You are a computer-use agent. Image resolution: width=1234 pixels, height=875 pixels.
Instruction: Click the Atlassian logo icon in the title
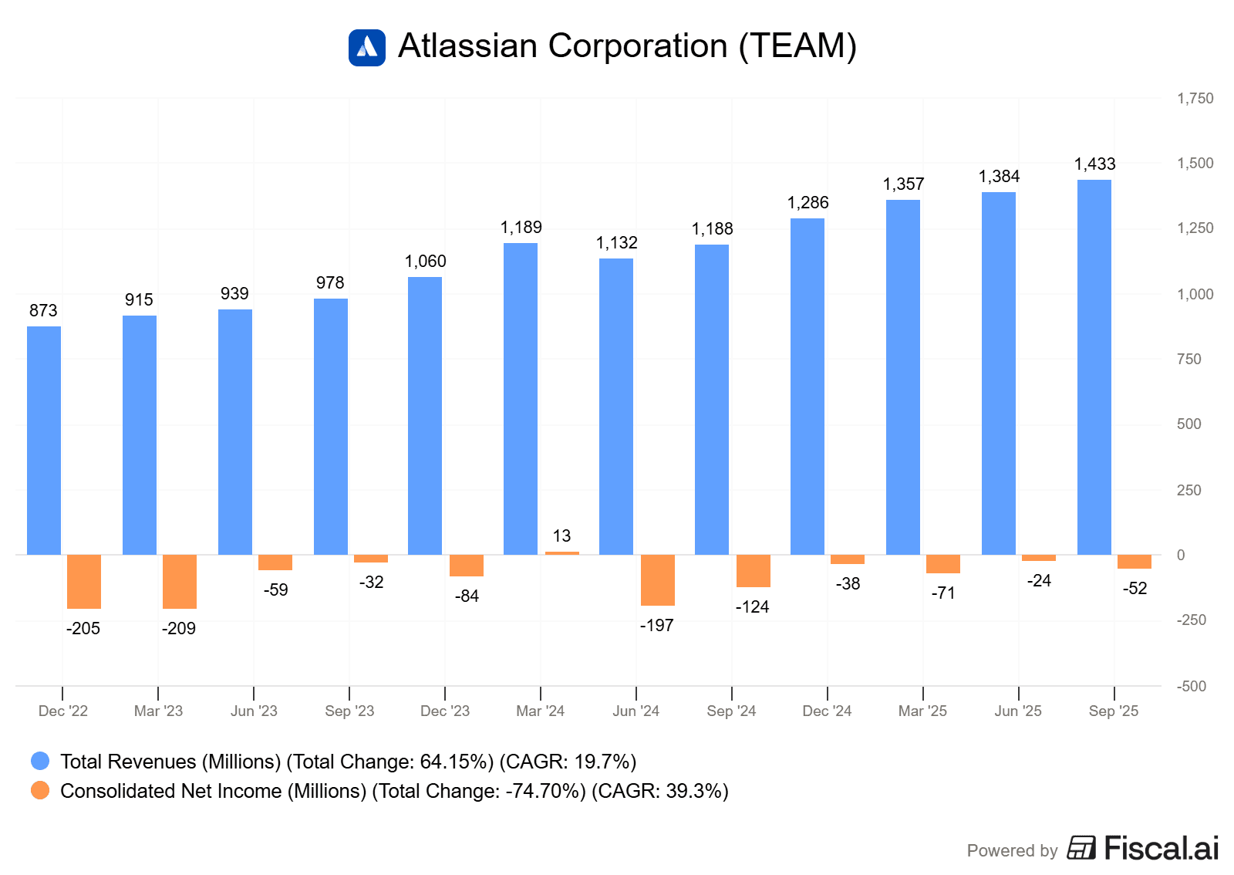point(367,47)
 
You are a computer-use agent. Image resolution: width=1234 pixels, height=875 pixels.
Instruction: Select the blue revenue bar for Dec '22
point(44,440)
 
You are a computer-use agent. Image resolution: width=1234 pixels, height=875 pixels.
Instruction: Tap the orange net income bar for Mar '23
point(180,581)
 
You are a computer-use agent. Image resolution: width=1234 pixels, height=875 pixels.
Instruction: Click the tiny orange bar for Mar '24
point(562,552)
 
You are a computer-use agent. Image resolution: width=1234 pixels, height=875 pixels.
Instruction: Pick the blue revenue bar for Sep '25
point(1094,367)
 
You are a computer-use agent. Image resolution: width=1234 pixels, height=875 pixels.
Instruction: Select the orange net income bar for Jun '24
point(658,579)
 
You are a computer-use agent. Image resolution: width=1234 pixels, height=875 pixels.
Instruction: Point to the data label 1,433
point(1094,164)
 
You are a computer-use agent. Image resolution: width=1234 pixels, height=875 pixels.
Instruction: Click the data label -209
point(179,628)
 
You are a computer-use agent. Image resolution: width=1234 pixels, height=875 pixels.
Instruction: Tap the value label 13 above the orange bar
point(561,535)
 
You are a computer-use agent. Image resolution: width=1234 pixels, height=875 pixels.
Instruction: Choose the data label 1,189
point(521,227)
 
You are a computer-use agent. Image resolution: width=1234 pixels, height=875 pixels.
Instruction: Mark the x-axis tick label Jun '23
point(254,711)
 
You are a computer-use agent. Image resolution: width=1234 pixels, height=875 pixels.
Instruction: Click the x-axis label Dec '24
point(827,711)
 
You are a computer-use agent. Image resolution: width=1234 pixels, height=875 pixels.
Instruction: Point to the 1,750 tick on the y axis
point(1195,98)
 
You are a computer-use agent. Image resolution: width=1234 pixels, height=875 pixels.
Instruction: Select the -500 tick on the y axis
point(1192,686)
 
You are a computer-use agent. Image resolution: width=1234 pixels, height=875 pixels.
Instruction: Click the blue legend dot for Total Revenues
point(40,761)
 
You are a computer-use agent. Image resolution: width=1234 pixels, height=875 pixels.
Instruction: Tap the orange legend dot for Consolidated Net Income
point(40,790)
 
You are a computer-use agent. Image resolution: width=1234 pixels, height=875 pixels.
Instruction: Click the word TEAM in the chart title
point(797,46)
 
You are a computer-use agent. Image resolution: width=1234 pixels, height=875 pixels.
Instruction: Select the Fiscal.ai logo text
point(1161,848)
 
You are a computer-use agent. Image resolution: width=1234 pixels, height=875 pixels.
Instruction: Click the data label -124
point(752,606)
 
